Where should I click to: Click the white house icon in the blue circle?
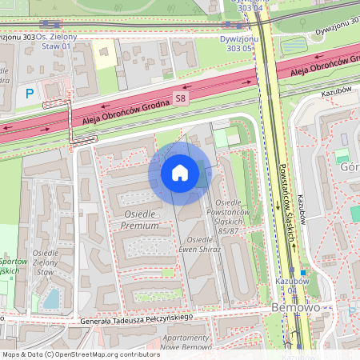[x=180, y=173]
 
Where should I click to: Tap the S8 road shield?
[x=182, y=98]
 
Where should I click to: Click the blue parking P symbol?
[x=30, y=94]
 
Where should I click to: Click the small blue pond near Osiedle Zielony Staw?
[x=51, y=299]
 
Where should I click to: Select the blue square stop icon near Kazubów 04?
[x=303, y=272]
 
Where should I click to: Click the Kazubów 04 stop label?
[x=293, y=286]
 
